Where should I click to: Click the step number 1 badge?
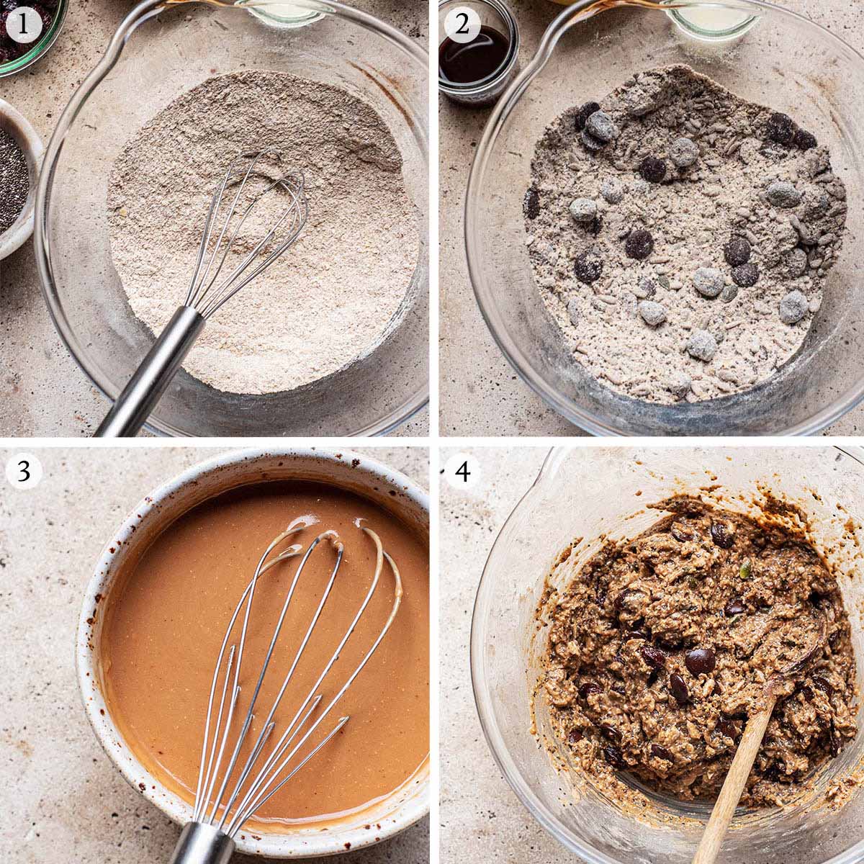click(24, 24)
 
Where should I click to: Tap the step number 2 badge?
click(462, 24)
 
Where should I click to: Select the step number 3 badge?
click(24, 472)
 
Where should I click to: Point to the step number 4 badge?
click(462, 472)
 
